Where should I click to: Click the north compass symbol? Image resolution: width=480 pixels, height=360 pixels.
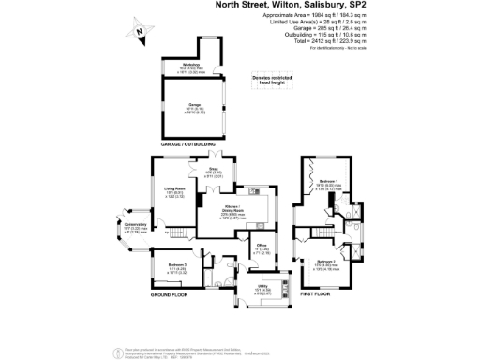pyautogui.click(x=139, y=32)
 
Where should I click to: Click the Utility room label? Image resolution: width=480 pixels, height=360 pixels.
pyautogui.click(x=264, y=287)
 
